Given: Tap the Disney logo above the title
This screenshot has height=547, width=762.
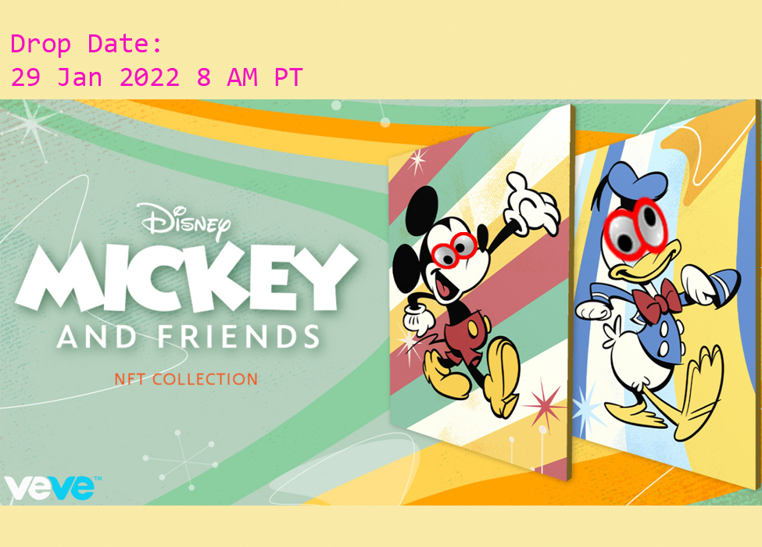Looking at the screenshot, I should click(186, 220).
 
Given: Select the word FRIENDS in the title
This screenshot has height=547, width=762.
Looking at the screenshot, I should click(238, 336).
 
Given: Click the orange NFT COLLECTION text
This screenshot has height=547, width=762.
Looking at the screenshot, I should click(186, 380).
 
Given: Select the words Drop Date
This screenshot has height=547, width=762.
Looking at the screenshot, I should click(86, 45).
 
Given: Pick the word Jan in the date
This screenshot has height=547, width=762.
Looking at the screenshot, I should click(86, 77).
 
